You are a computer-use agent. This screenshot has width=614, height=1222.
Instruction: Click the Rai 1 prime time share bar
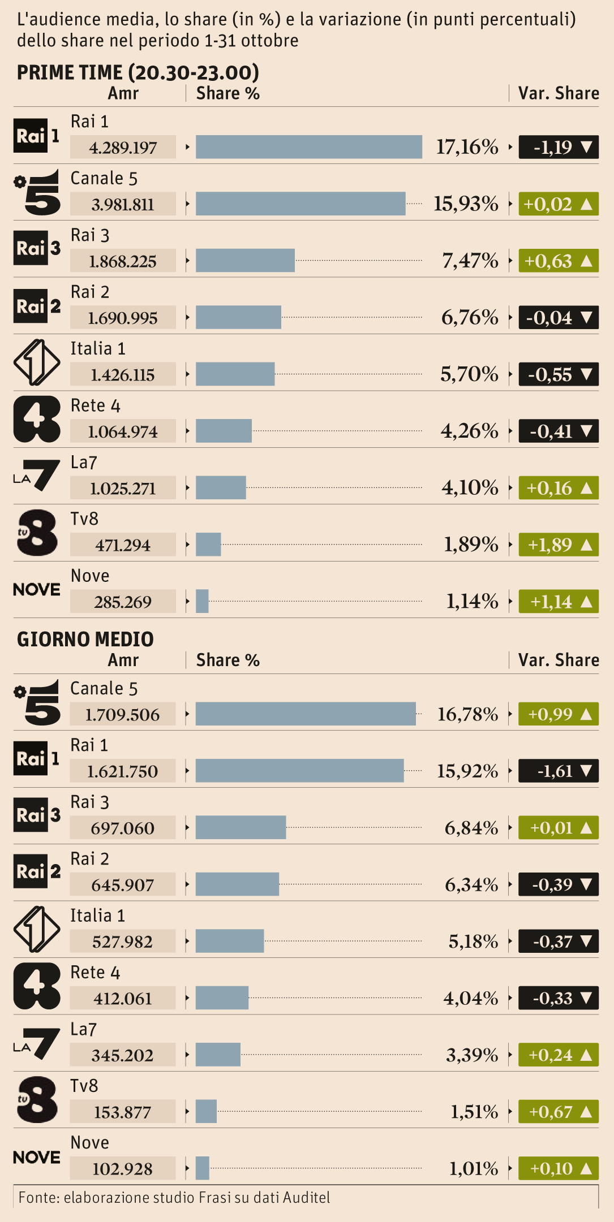308,147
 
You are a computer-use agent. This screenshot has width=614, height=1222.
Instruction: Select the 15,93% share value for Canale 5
466,204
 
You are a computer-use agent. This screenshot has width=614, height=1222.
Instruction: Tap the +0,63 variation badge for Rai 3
558,261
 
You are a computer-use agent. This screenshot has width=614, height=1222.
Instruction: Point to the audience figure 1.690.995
123,318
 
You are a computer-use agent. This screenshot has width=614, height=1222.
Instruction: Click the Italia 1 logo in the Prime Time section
37,362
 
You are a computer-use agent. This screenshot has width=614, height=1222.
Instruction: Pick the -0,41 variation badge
558,431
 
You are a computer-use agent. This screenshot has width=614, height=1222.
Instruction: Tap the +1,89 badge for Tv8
558,545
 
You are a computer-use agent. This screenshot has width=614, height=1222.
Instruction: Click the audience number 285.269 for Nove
123,602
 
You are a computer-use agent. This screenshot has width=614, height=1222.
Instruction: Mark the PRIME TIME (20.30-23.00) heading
138,72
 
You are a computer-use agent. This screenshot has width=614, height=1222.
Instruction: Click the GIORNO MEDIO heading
85,639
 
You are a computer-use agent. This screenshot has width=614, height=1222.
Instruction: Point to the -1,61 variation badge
558,771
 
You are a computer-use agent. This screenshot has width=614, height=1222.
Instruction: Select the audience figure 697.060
123,828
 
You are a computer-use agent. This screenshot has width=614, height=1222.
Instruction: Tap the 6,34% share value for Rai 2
471,884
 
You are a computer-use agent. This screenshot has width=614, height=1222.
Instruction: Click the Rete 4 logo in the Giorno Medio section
37,986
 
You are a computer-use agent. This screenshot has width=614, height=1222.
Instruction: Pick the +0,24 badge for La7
558,1055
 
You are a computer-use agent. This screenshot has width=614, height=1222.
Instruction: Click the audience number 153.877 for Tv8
123,1112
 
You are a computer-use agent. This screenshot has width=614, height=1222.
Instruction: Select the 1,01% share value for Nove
474,1168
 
